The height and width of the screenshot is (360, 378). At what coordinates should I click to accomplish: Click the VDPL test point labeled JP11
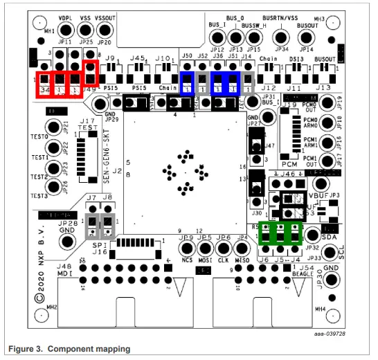[x=66, y=30]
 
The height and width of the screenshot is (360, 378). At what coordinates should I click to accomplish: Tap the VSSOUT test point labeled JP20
[x=105, y=30]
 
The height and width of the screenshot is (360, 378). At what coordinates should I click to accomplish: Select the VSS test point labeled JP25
[x=86, y=30]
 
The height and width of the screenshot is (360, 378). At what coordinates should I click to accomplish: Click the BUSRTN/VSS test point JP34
[x=282, y=36]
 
